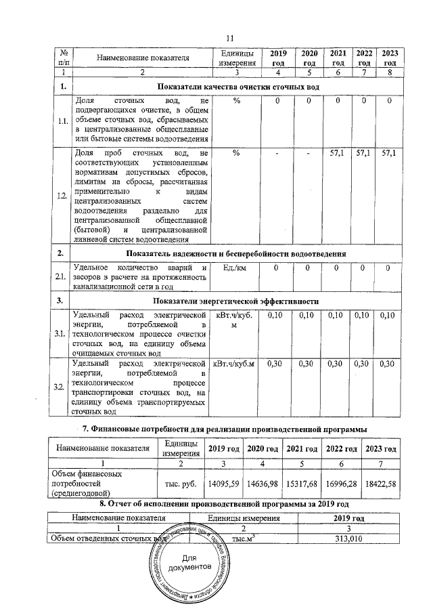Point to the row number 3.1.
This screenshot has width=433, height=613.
[62, 334]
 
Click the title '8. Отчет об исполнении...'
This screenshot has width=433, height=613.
[224, 505]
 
